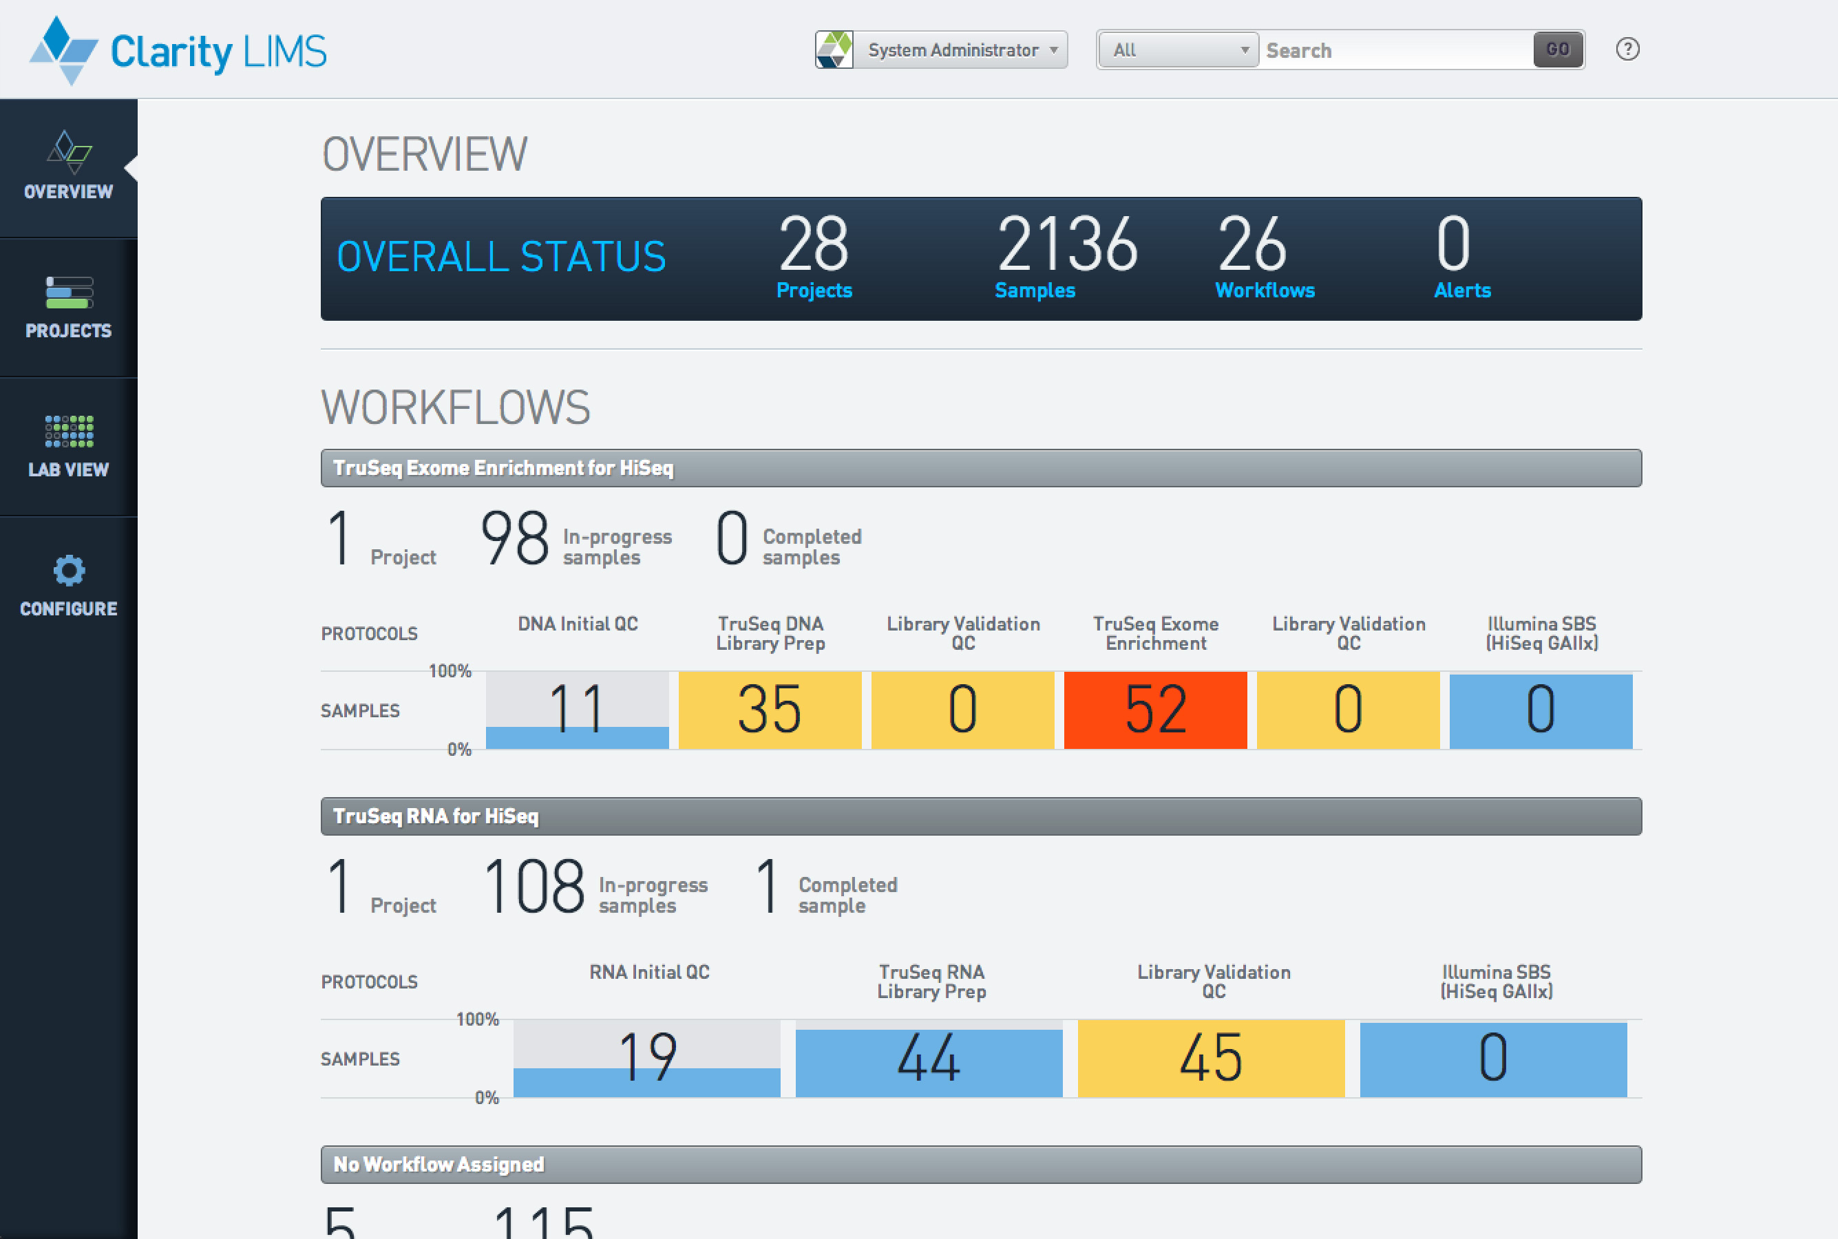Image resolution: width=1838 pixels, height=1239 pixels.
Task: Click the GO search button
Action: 1557,50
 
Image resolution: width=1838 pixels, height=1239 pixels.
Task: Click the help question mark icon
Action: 1627,50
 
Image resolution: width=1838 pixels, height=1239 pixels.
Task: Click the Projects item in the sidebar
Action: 69,308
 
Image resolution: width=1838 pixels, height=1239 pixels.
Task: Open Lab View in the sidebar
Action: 69,447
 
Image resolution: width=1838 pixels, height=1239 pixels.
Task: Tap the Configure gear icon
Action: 69,571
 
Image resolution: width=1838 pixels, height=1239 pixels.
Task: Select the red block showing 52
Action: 1155,710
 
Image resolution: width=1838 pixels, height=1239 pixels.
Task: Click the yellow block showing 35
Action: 770,710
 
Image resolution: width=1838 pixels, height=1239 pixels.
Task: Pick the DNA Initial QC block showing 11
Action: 577,710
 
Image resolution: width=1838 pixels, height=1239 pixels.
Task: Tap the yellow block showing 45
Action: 1211,1058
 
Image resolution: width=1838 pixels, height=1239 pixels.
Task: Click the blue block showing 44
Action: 929,1058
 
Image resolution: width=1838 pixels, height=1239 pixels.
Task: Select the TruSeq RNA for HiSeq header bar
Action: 981,816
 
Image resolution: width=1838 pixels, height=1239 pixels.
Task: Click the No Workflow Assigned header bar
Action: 981,1164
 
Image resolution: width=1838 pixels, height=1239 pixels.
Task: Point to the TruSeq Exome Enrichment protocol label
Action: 1155,633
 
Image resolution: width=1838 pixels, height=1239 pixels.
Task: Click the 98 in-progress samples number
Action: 514,538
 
